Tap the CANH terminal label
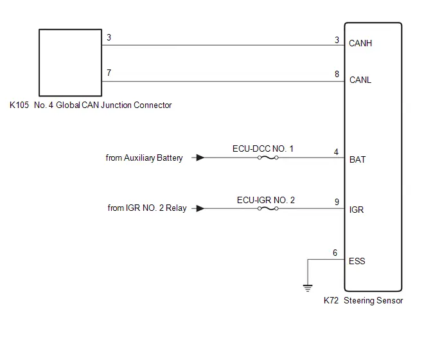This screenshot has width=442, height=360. click(360, 44)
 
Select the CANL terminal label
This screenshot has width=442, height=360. click(360, 80)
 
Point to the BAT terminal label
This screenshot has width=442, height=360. click(357, 159)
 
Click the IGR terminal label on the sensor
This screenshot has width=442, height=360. click(357, 210)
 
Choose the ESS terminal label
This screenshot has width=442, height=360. click(357, 261)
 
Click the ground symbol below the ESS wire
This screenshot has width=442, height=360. click(308, 289)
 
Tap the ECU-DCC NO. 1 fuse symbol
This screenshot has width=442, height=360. click(268, 157)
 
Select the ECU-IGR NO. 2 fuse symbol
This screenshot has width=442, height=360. click(268, 208)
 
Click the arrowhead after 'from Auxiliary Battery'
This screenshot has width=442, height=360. click(200, 157)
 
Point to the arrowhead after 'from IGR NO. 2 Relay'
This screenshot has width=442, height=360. click(200, 208)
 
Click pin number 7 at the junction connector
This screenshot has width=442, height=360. click(109, 73)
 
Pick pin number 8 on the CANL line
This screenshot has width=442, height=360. click(337, 74)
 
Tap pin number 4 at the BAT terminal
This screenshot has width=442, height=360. click(336, 152)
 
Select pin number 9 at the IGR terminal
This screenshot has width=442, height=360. click(337, 202)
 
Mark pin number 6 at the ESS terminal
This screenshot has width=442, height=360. click(335, 253)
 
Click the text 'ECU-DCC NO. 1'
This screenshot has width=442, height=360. click(263, 148)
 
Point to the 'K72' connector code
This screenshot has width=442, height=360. click(331, 301)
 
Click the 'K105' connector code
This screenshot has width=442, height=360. click(19, 105)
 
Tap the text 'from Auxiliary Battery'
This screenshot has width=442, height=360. click(144, 158)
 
